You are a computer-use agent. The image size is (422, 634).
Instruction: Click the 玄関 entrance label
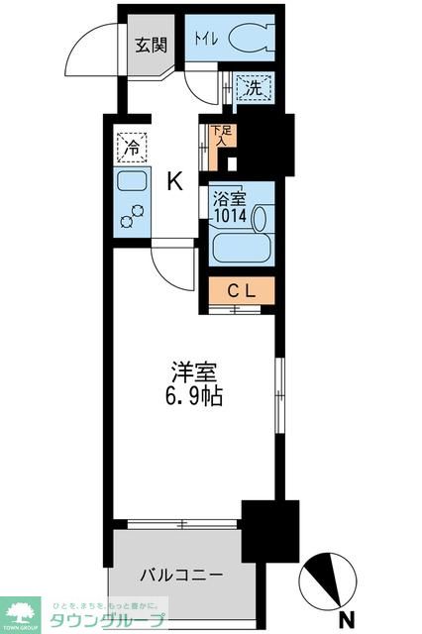pyautogui.click(x=151, y=45)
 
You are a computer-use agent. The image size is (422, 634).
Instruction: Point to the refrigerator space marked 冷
pyautogui.click(x=130, y=147)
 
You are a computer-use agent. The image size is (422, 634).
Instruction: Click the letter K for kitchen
pyautogui.click(x=174, y=181)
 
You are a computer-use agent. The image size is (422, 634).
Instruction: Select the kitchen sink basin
pyautogui.click(x=131, y=181)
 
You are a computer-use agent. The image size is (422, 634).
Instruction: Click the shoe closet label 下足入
pyautogui.click(x=222, y=134)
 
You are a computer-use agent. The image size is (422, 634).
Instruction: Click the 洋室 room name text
pyautogui.click(x=194, y=375)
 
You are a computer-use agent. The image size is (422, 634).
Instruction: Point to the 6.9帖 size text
pyautogui.click(x=194, y=398)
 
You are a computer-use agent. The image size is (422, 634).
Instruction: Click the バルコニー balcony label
pyautogui.click(x=179, y=574)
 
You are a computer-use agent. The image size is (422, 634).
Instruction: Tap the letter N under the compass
pyautogui.click(x=345, y=620)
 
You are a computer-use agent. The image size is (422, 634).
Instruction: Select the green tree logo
pyautogui.click(x=21, y=613)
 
